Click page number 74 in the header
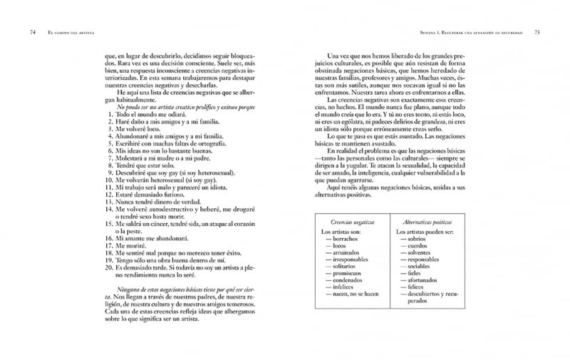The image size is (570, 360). (33, 32)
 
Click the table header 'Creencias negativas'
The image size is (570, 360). (353, 222)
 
